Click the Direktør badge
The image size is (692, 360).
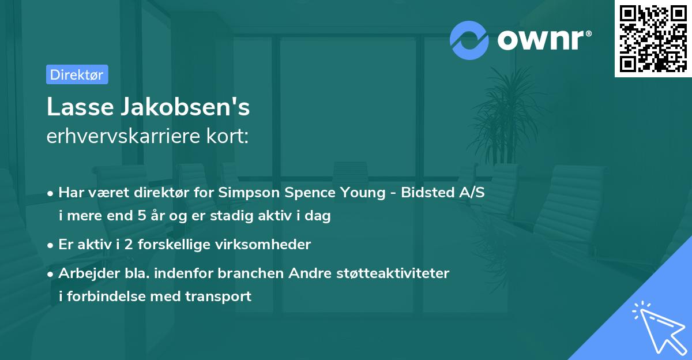coord(77,74)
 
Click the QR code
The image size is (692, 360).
coord(653,39)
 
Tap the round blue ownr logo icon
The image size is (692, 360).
coord(469,40)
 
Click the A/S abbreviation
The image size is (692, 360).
coord(471,193)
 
